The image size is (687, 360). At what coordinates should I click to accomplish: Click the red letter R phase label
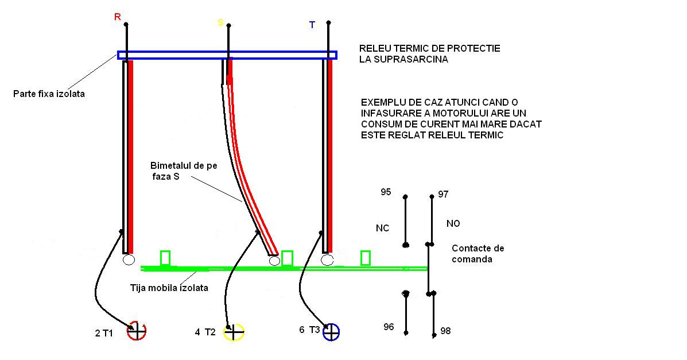[x=118, y=17]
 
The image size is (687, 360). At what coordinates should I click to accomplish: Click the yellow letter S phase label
[x=220, y=22]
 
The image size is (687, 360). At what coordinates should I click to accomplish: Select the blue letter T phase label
[x=312, y=25]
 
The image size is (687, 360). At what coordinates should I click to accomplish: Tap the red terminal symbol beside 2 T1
[x=137, y=330]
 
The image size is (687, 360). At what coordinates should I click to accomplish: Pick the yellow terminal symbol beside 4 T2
[x=234, y=331]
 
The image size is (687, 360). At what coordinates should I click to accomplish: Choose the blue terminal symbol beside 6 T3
[x=331, y=331]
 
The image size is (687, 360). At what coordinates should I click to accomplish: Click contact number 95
[x=386, y=192]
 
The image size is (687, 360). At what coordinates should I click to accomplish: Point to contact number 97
[x=443, y=194]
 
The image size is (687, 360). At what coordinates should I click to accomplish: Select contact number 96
[x=389, y=327]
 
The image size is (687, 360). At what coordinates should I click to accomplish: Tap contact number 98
[x=445, y=331]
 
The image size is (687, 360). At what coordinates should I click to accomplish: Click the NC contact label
[x=382, y=228]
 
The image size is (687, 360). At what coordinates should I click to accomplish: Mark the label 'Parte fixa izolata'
[x=49, y=94]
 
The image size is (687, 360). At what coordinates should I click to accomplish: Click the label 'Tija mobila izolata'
[x=169, y=287]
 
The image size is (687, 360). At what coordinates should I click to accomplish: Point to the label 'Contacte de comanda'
[x=478, y=254]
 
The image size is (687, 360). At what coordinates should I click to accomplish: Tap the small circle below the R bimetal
[x=129, y=260]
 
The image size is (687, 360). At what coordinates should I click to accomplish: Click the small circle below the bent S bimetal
[x=274, y=261]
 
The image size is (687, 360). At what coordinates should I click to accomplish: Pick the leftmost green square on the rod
[x=165, y=258]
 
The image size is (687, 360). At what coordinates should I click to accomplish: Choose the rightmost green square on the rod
[x=365, y=258]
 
